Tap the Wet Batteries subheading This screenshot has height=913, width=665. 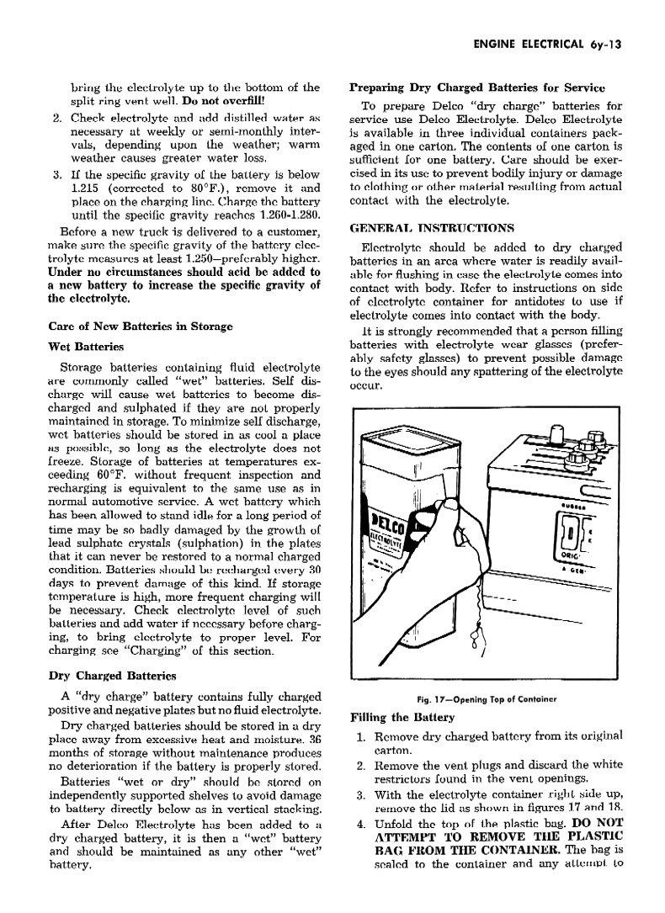(x=87, y=346)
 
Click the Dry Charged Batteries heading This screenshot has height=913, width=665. (x=111, y=676)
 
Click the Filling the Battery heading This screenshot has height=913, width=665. (x=402, y=718)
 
